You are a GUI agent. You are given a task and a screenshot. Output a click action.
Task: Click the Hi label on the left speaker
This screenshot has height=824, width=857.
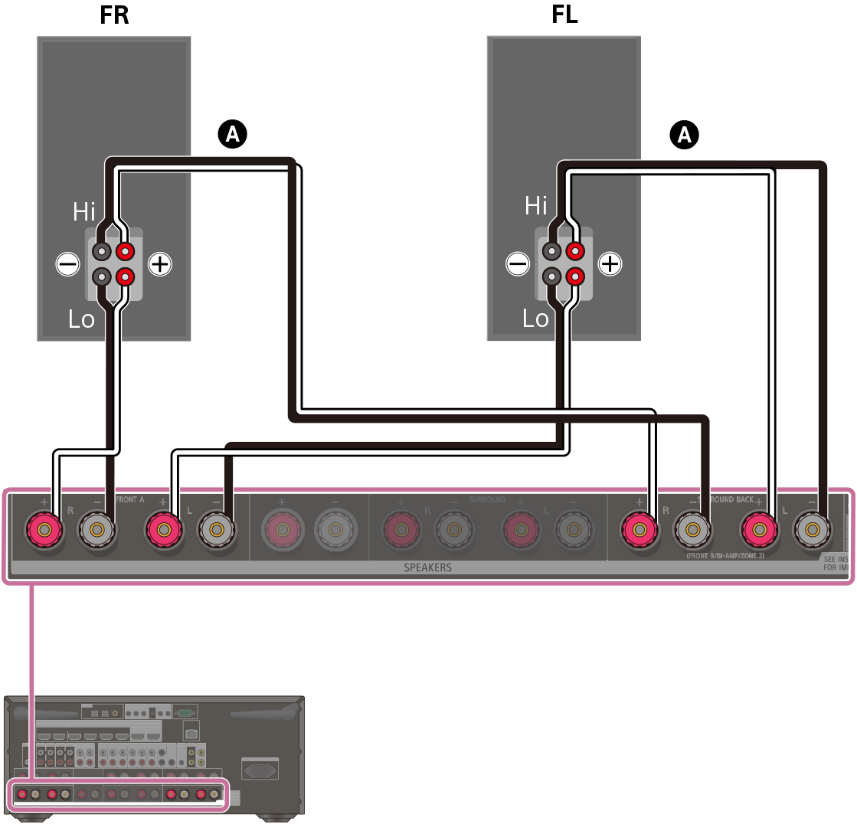coord(84,211)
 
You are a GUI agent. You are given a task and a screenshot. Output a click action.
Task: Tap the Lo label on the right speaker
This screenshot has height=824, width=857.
coord(535,319)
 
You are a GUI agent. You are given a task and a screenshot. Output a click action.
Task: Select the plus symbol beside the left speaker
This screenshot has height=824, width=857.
coord(159,264)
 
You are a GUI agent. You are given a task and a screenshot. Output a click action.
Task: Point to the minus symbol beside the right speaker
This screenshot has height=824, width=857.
coord(518,264)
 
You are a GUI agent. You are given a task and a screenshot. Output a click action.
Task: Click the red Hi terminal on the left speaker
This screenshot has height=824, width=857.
coord(126,250)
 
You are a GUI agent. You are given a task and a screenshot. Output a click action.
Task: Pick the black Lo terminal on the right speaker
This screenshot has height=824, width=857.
coord(551,276)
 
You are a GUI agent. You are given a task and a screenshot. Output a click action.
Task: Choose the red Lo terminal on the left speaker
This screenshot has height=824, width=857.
coord(126,276)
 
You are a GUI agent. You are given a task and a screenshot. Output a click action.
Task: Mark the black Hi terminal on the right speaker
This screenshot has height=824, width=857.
coord(551,250)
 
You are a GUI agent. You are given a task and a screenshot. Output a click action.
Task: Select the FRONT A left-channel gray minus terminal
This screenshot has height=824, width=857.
coord(215,528)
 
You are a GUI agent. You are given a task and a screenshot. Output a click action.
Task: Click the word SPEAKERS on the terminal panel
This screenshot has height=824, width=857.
coord(427,568)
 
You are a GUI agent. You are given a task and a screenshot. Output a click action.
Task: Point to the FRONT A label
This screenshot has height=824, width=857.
coord(129,499)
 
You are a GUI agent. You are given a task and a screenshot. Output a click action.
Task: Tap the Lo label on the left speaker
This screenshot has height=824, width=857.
coord(81,319)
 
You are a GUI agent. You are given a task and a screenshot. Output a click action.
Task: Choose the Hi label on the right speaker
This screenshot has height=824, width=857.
coord(536,205)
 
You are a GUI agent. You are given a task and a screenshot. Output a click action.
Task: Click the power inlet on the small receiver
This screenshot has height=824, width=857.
coord(259,767)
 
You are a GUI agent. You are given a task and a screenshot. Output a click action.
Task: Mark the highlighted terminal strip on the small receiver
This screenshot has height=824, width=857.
coord(119,794)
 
